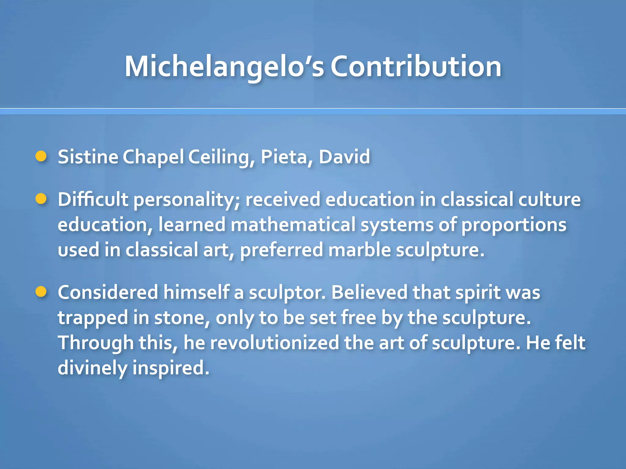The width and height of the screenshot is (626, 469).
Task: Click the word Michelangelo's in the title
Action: click(224, 67)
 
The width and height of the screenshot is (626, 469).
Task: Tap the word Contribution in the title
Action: click(416, 67)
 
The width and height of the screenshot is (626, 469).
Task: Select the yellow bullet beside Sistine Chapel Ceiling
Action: click(41, 156)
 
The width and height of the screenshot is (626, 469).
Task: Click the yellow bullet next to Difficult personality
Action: click(41, 199)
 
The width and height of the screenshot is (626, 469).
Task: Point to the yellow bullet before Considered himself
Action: click(41, 292)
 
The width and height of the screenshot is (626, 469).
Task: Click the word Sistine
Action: click(88, 157)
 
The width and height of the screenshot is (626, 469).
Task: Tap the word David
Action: click(344, 157)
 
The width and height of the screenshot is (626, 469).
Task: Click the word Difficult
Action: click(93, 200)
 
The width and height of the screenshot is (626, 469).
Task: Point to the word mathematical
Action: click(293, 225)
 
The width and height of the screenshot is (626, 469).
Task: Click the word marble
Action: click(359, 250)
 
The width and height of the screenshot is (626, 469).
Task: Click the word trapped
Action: click(93, 318)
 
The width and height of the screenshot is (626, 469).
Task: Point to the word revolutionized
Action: click(274, 343)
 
